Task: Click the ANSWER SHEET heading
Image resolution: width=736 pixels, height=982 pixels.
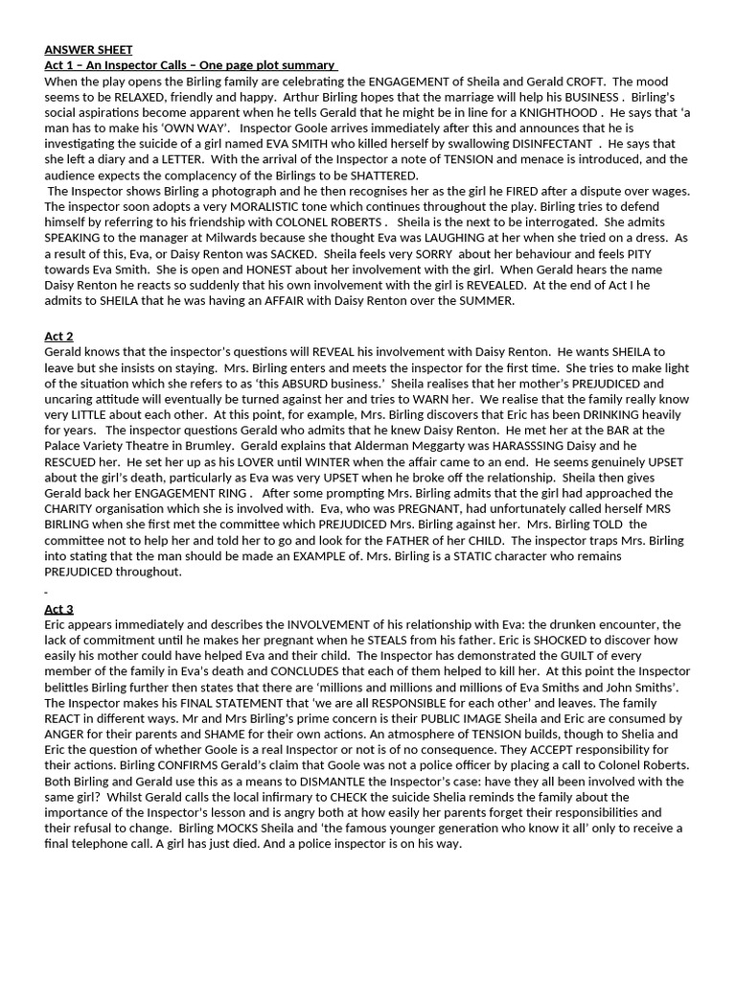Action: pos(88,50)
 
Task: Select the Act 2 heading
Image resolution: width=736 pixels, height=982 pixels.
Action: pos(58,337)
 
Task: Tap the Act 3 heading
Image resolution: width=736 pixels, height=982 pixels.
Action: pos(58,609)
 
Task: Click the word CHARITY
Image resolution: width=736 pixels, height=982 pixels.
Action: pos(71,508)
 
